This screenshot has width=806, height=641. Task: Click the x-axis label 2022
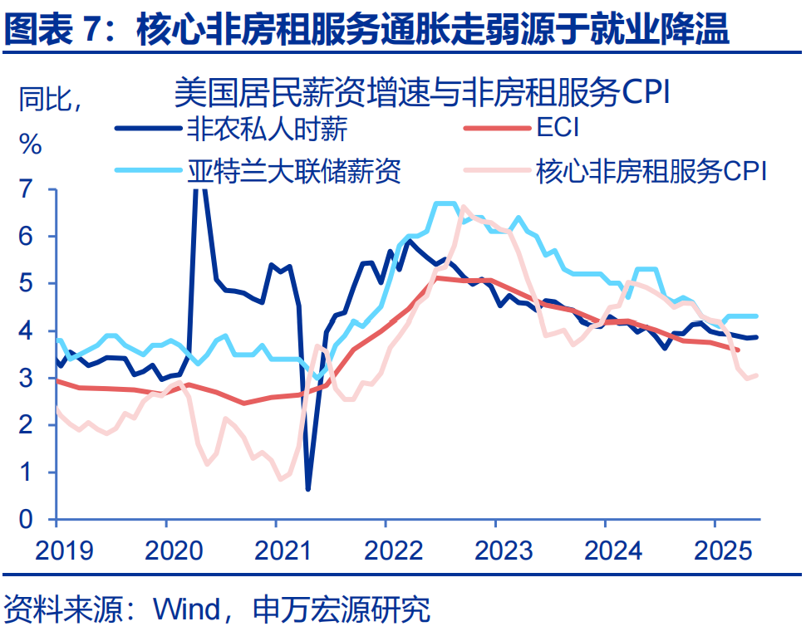386,550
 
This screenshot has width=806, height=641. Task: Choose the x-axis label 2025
715,550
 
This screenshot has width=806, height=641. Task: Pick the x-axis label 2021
276,550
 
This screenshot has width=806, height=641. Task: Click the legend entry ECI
558,129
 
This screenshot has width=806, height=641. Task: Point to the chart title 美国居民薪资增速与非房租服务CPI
422,91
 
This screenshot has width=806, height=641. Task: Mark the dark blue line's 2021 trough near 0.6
308,488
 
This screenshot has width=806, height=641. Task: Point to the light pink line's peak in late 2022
464,208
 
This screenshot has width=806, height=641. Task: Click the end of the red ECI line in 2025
738,350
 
